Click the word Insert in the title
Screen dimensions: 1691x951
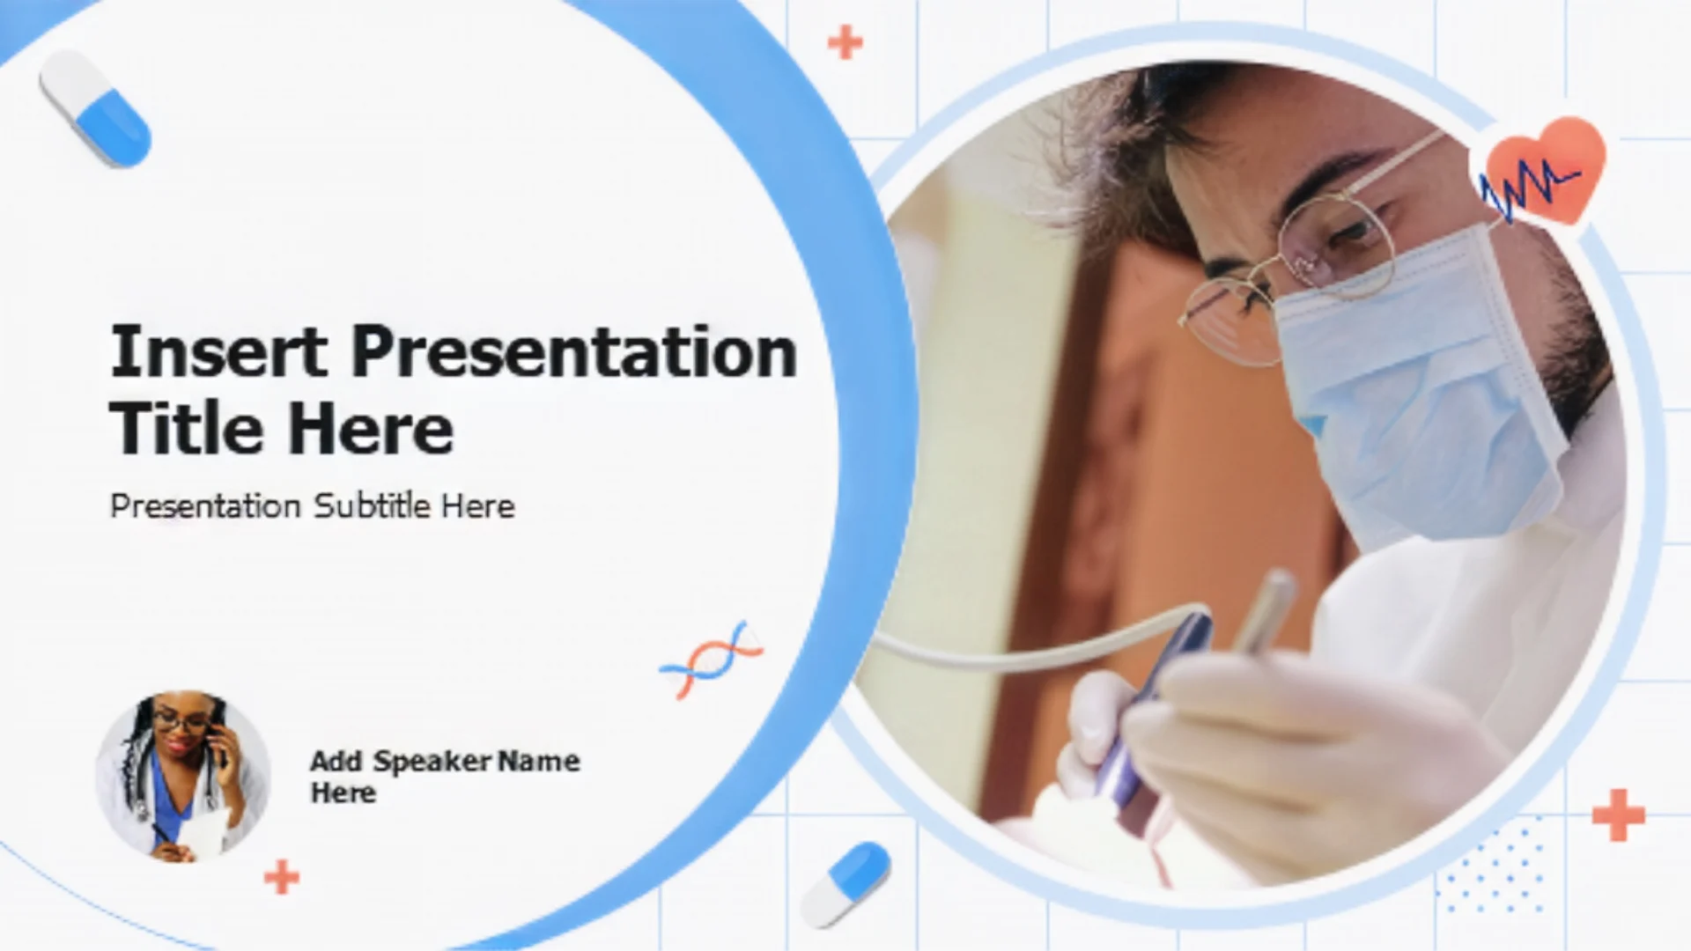coord(218,350)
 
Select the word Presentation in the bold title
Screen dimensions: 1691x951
coord(574,350)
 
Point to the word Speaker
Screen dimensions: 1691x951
coord(432,762)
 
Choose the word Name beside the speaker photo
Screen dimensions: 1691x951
coord(538,761)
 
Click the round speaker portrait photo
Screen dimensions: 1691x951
coord(182,776)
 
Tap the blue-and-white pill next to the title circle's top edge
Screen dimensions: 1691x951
coord(95,108)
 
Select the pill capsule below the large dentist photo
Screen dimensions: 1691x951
coord(845,884)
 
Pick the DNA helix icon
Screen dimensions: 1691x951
coord(711,660)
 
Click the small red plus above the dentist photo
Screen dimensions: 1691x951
coord(845,42)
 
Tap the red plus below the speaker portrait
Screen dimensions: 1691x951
coord(282,877)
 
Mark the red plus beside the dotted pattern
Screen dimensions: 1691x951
coord(1619,815)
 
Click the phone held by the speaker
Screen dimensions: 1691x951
coord(217,745)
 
